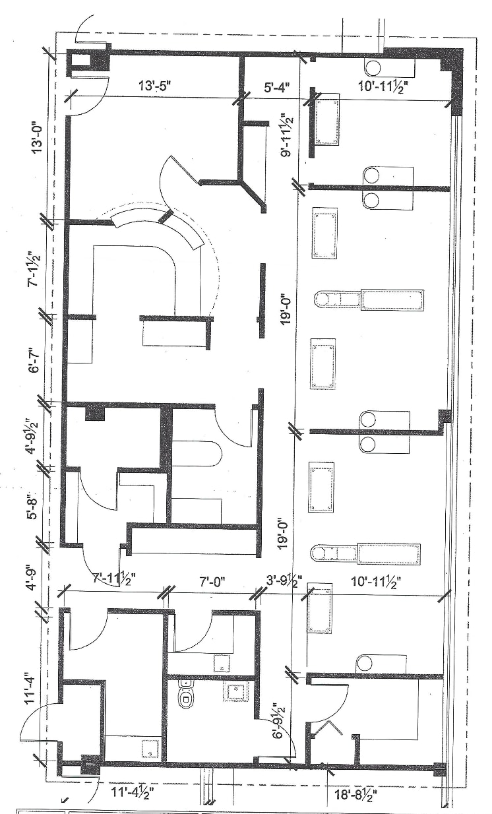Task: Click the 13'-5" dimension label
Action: pos(156,85)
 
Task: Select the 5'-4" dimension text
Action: pos(272,85)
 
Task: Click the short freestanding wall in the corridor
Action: pos(262,292)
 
